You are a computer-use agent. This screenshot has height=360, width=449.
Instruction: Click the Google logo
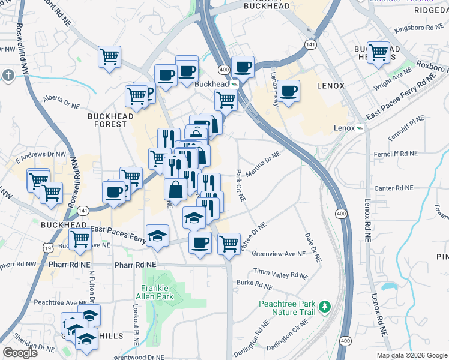[20, 353]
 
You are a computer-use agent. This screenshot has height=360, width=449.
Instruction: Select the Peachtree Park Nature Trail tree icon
[325, 307]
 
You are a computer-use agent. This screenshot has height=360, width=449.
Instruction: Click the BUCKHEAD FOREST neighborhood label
[107, 120]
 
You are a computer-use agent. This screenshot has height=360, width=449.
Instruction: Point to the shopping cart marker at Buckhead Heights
[378, 53]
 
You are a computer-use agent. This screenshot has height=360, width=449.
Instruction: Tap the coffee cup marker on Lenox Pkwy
[289, 91]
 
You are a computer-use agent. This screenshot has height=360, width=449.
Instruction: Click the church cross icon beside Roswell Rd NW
[8, 75]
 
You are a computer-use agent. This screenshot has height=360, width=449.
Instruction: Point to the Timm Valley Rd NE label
[280, 274]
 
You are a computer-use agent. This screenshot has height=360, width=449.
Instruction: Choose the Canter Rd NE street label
[393, 188]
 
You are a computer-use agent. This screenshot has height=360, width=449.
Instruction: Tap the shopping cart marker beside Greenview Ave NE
[229, 243]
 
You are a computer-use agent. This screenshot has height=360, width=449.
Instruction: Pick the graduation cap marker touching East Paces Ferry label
[157, 235]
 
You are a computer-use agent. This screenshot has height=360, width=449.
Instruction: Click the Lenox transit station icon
[360, 128]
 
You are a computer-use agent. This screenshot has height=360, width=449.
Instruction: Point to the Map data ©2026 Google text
[412, 355]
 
